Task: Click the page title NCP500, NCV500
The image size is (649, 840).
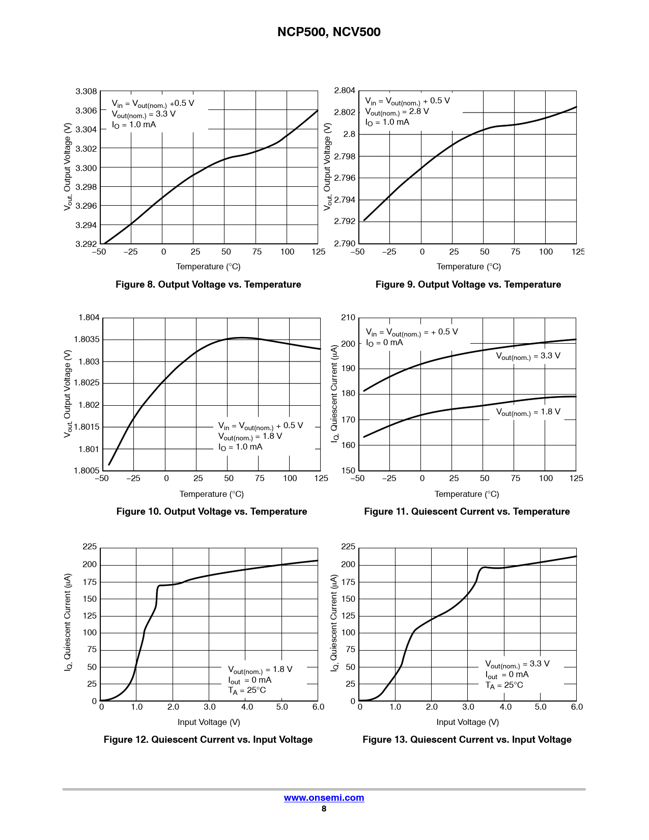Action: (x=329, y=32)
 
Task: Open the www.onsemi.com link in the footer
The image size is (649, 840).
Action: (x=324, y=798)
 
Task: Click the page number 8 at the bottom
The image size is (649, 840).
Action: (x=324, y=809)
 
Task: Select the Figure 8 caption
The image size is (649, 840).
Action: (x=208, y=285)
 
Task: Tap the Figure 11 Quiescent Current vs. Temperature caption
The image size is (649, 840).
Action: (x=467, y=512)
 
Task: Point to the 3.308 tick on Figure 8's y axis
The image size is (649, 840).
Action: (x=86, y=92)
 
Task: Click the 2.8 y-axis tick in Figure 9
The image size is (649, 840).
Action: (x=349, y=134)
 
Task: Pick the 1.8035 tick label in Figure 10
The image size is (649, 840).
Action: (x=87, y=340)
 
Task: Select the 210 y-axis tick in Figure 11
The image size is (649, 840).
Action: (x=348, y=318)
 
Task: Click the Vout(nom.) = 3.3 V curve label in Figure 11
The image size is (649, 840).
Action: (x=528, y=356)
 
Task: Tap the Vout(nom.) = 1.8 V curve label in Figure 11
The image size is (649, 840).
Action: (x=528, y=412)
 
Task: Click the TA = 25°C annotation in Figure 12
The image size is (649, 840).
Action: (x=247, y=690)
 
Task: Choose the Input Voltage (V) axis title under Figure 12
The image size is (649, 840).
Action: (x=209, y=722)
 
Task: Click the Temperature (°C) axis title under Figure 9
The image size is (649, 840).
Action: (x=468, y=267)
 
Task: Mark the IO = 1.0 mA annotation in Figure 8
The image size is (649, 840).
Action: (x=134, y=125)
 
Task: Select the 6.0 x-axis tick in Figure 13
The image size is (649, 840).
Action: (x=577, y=707)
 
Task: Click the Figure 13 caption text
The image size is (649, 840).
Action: (x=467, y=740)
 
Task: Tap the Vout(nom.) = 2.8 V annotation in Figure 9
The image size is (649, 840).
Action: (x=397, y=111)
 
